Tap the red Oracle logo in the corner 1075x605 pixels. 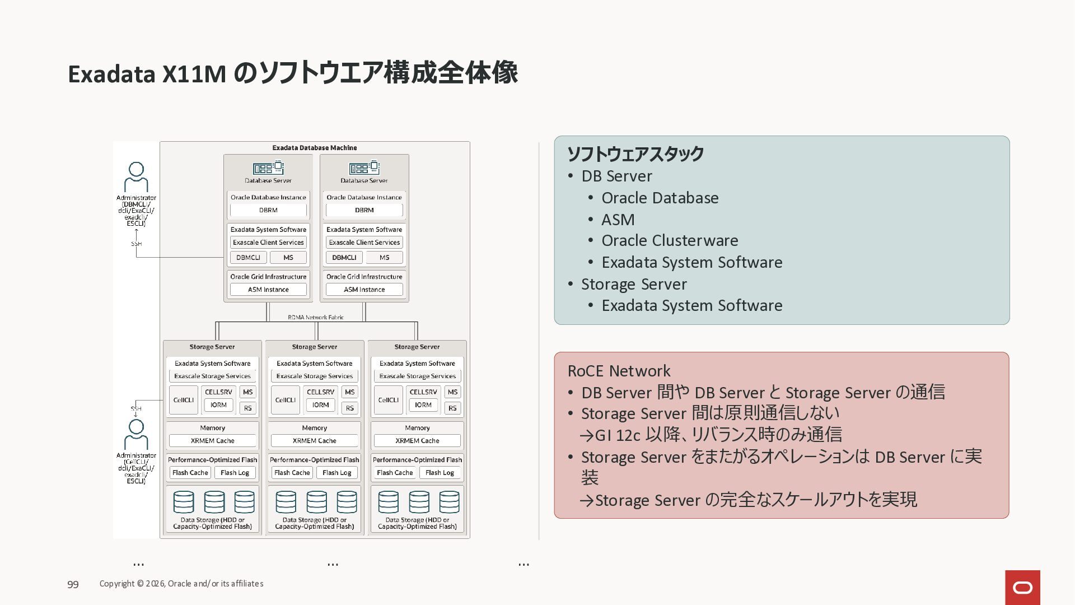coord(1022,588)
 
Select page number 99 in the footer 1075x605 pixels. coord(73,584)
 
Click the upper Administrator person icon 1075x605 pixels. coord(136,176)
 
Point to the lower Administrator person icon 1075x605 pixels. coord(136,434)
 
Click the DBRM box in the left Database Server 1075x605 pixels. coord(268,210)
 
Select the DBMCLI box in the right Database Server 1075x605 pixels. coord(344,258)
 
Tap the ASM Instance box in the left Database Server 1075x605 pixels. coord(268,290)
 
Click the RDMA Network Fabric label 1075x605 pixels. coord(316,317)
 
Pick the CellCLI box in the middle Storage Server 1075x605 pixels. coord(286,400)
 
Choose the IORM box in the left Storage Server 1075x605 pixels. coord(218,405)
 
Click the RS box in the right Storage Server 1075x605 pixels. coord(452,408)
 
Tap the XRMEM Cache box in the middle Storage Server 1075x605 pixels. coord(314,441)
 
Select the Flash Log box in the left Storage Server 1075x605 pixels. coord(235,473)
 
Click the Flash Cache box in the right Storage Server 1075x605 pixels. coord(395,473)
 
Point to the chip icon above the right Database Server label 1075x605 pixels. coord(364,168)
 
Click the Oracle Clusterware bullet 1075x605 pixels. coord(670,240)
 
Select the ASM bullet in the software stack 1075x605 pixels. coord(618,220)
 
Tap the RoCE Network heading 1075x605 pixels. coord(619,371)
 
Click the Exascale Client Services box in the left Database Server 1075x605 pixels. coord(268,243)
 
